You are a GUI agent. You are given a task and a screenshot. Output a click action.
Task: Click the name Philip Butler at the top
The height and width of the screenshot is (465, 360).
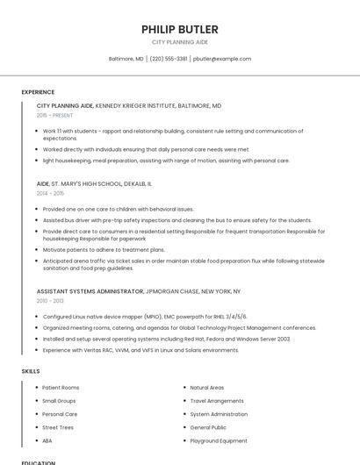(x=180, y=29)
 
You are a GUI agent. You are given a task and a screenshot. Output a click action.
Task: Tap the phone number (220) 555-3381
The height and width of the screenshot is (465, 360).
(x=169, y=59)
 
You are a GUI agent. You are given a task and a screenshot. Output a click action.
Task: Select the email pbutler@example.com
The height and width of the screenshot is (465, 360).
(x=222, y=59)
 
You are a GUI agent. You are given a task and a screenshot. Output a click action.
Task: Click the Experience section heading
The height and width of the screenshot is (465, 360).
(x=38, y=92)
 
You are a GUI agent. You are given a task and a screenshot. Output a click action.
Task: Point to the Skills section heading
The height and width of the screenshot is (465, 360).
(x=31, y=371)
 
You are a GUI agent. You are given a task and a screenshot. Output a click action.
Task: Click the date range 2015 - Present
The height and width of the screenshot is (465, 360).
(x=54, y=115)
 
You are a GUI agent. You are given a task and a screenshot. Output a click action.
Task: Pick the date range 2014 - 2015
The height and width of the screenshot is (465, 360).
(x=50, y=193)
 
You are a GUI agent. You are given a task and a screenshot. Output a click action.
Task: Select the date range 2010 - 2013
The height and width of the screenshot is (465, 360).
(x=50, y=300)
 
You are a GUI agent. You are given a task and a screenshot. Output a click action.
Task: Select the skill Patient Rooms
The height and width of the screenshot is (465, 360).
(x=61, y=387)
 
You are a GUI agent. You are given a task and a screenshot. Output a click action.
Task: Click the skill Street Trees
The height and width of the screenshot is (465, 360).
(x=58, y=427)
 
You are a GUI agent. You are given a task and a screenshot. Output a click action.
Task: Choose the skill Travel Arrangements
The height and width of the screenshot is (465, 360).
(x=217, y=401)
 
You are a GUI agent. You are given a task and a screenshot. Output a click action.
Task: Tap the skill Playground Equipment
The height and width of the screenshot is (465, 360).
(x=219, y=440)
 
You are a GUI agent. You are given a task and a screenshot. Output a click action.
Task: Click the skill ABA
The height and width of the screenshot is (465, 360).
(x=47, y=440)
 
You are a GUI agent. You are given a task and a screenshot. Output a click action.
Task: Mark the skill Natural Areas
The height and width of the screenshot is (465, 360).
(x=207, y=387)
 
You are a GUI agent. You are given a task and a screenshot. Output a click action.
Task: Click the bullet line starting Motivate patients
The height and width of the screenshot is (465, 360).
(x=104, y=249)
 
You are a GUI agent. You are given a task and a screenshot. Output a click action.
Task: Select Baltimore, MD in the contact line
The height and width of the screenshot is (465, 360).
(x=126, y=59)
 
